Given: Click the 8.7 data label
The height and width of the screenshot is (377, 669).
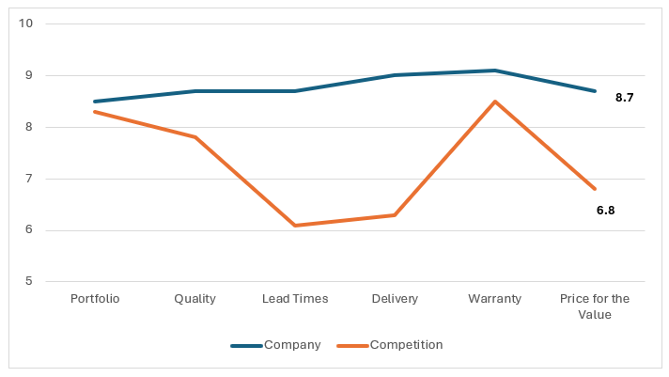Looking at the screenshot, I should click(x=624, y=98).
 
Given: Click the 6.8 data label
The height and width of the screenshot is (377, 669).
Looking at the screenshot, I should click(x=605, y=211).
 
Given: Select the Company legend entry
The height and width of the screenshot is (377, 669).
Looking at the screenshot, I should click(x=291, y=345).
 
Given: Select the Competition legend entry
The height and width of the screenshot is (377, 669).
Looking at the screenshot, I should click(x=406, y=345).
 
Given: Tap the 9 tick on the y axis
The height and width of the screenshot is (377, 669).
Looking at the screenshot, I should click(x=29, y=75).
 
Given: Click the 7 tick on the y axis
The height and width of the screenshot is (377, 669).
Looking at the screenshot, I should click(x=29, y=179).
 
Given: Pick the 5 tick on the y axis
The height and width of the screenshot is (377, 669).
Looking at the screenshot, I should click(x=29, y=282).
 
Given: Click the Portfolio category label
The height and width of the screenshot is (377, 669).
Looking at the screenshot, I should click(x=95, y=299).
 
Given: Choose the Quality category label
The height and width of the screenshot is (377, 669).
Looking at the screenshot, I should click(x=194, y=299).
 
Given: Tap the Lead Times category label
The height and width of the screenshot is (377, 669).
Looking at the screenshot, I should click(x=295, y=299).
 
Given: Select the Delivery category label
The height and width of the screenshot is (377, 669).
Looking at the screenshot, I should click(x=395, y=299).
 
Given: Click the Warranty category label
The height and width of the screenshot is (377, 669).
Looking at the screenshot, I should click(x=495, y=299).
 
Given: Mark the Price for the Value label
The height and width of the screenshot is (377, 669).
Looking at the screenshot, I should click(x=595, y=306).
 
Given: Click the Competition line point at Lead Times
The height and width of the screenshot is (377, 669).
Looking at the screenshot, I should click(x=295, y=226).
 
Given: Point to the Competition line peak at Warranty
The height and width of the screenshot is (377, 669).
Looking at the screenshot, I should click(x=495, y=102).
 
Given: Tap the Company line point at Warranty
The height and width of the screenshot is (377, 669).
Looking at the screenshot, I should click(x=495, y=71).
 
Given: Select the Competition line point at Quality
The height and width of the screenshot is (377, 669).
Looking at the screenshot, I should click(x=194, y=137).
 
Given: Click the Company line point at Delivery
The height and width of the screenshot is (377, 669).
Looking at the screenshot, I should click(x=395, y=75).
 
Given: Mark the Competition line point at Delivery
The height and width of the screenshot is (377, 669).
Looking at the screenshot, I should click(x=395, y=215).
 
